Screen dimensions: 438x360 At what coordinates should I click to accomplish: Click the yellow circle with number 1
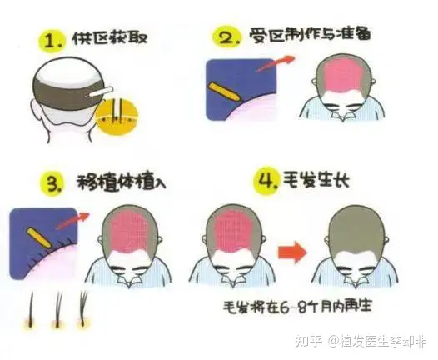[x=52, y=41]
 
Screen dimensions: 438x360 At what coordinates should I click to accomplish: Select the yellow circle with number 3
[x=53, y=183]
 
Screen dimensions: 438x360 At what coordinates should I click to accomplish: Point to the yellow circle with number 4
[x=266, y=181]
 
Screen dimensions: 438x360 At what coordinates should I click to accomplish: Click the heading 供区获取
[x=110, y=38]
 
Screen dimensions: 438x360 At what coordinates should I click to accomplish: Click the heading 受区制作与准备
[x=310, y=36]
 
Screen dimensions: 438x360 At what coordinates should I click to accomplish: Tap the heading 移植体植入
[x=121, y=182]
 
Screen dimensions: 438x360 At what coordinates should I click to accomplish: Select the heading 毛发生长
[x=316, y=179]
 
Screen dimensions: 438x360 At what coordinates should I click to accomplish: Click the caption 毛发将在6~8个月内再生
[x=297, y=307]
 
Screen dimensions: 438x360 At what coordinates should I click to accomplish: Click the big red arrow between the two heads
[x=292, y=252]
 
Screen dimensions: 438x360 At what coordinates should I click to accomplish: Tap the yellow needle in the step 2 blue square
[x=225, y=92]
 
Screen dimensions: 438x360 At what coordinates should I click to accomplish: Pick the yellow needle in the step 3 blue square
[x=39, y=237]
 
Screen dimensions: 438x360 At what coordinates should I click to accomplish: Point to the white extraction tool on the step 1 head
[x=101, y=92]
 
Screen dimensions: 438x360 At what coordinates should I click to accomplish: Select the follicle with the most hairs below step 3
[x=84, y=310]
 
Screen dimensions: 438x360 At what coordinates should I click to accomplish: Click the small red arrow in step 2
[x=275, y=63]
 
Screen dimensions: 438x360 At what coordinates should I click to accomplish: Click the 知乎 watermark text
[x=309, y=342]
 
